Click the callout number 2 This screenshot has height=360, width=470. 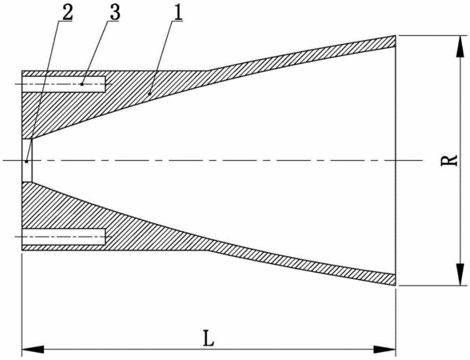(67, 12)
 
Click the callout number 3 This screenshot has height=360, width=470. (115, 12)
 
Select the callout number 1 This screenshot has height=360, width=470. (177, 12)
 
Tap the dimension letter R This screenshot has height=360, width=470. (449, 160)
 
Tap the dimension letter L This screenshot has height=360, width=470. (209, 338)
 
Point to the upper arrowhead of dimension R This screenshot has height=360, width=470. (459, 46)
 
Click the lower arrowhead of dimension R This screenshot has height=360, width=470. (459, 274)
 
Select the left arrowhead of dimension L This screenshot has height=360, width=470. (33, 349)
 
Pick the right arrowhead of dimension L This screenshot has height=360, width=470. (385, 349)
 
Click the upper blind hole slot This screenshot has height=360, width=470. (64, 84)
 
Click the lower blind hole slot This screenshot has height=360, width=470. (64, 237)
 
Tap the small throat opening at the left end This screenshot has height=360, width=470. (27, 161)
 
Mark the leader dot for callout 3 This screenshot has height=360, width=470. (82, 84)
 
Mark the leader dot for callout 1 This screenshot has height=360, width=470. (150, 94)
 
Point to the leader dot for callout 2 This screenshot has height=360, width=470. (26, 162)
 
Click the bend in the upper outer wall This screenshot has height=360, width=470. (209, 70)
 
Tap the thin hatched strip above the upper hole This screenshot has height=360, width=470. (64, 74)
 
